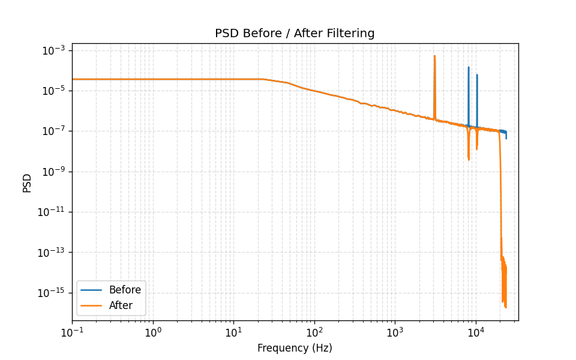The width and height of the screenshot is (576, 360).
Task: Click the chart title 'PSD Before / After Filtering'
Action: (295, 34)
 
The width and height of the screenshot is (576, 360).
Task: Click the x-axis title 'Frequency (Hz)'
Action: (295, 348)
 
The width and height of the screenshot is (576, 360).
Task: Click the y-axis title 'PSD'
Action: (27, 182)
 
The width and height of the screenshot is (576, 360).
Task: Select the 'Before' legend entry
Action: (125, 290)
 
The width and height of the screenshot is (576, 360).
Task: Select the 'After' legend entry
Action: (121, 305)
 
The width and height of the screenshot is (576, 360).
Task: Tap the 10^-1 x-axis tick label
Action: (72, 332)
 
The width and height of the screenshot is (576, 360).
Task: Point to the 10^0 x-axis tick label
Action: (153, 332)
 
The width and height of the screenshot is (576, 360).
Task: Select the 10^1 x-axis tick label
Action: (233, 332)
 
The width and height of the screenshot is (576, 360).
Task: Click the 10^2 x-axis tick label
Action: (314, 332)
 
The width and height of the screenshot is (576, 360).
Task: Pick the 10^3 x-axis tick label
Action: (395, 332)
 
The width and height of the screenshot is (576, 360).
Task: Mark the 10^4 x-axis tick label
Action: (476, 332)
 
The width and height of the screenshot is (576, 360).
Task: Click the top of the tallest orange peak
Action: (434, 56)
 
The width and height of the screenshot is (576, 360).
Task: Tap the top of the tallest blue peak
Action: (469, 67)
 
